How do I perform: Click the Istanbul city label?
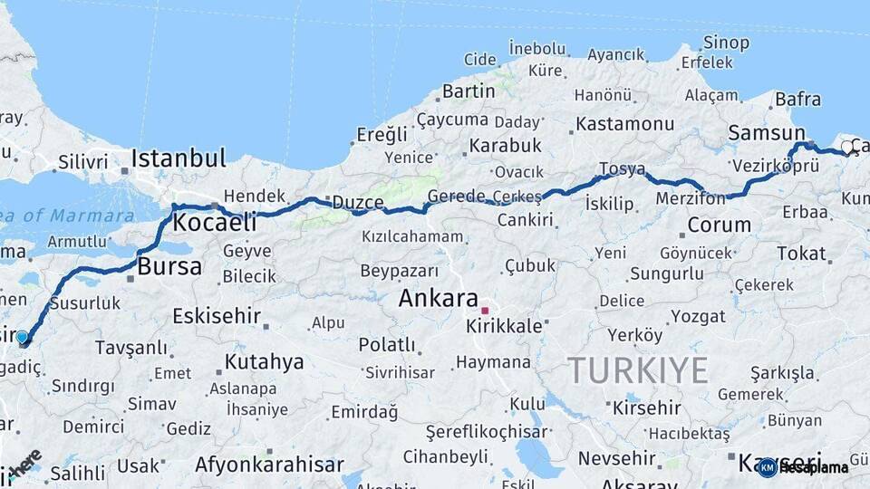[178, 159]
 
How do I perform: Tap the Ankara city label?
[438, 298]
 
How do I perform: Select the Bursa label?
[169, 266]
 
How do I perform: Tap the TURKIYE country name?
[638, 369]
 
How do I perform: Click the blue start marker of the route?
[23, 338]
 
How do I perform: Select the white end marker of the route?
[847, 147]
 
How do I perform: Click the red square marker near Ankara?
[485, 311]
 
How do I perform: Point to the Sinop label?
[727, 43]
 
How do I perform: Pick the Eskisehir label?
[217, 317]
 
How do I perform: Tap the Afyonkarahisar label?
[269, 465]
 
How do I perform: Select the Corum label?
[719, 225]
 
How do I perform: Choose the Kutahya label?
[264, 362]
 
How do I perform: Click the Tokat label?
[801, 254]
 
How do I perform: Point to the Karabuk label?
[506, 145]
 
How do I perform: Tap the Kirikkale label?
[510, 326]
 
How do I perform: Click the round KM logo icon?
[767, 467]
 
